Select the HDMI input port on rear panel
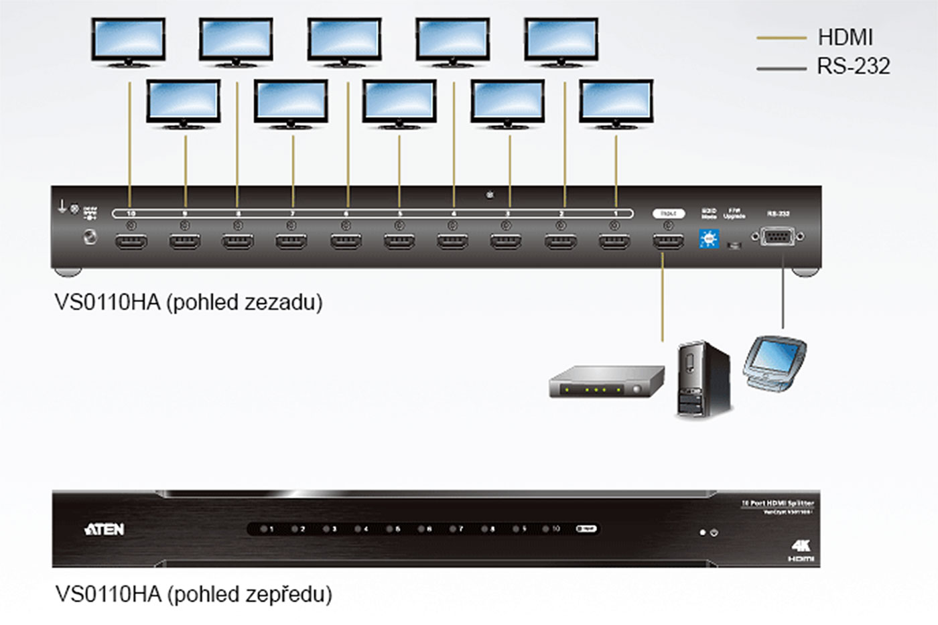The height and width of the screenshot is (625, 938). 668,241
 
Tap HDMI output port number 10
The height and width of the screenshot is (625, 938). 131,241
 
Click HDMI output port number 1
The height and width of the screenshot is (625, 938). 614,241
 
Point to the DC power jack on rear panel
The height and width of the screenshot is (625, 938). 89,236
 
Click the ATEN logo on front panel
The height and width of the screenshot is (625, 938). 105,529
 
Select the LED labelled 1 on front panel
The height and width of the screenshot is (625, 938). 265,529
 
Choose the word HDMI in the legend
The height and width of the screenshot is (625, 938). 845,38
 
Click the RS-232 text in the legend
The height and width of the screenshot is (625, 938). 853,66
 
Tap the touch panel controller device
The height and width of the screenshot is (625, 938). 775,362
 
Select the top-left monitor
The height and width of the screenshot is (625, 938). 128,42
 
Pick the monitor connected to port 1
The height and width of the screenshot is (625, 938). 616,104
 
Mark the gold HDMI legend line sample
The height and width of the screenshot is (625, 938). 781,38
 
